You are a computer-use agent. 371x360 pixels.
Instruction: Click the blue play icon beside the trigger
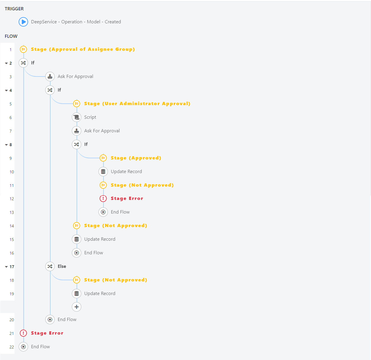click(23, 22)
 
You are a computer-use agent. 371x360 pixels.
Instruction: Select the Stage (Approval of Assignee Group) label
click(83, 49)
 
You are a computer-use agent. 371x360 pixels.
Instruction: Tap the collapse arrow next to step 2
click(6, 63)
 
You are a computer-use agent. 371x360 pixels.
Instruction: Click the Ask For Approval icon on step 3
click(50, 76)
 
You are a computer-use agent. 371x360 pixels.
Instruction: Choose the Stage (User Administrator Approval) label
click(137, 104)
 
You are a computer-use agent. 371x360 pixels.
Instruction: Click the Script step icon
click(77, 117)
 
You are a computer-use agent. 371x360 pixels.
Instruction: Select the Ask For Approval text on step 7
click(102, 131)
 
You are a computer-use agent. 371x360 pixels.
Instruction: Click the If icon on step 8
click(77, 144)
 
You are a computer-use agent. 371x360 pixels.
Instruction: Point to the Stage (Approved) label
click(136, 158)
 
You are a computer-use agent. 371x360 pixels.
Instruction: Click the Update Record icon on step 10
click(103, 172)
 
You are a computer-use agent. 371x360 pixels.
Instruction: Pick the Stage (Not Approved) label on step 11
click(142, 185)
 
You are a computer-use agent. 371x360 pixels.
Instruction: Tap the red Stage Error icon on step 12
click(103, 198)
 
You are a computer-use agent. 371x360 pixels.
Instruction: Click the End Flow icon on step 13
click(103, 212)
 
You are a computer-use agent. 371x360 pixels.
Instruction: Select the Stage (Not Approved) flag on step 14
click(77, 226)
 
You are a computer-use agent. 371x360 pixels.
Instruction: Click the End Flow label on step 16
click(94, 253)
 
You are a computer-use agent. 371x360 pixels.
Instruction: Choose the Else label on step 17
click(62, 266)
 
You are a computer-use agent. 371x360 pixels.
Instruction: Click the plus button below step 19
click(77, 307)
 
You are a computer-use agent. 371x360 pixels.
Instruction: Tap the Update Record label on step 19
click(100, 294)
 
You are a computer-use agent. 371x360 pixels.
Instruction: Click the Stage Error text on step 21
click(47, 333)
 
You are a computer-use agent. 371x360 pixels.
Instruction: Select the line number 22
click(12, 347)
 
